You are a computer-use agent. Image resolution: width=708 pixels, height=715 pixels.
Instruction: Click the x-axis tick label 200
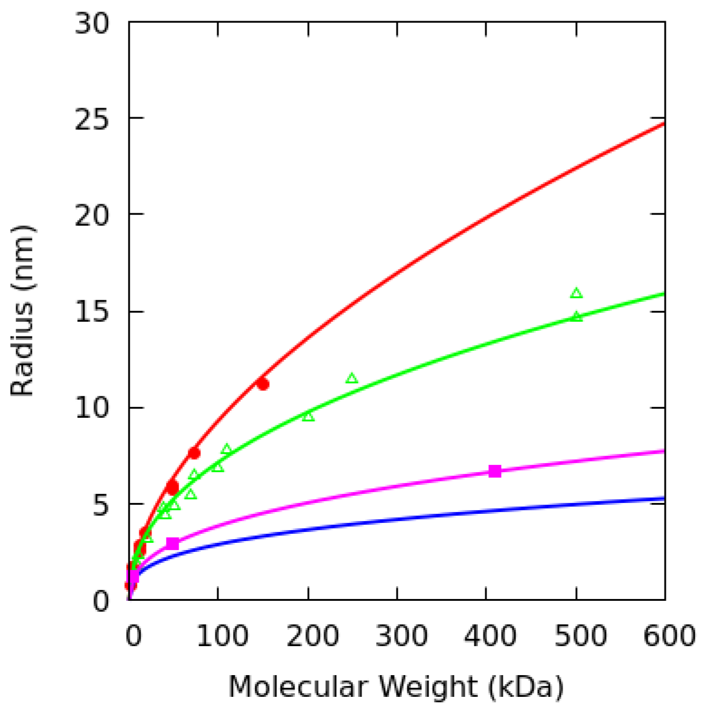tap(308, 636)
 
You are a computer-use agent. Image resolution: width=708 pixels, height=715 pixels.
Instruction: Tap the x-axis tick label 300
tap(397, 636)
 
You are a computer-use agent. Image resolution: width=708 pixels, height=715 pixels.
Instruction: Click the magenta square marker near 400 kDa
tap(495, 471)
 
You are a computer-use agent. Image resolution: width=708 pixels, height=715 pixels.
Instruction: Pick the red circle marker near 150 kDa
tap(263, 384)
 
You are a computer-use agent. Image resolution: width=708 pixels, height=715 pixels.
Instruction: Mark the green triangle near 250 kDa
tap(352, 379)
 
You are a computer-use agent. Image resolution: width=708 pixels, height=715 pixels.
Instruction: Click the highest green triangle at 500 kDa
tap(576, 293)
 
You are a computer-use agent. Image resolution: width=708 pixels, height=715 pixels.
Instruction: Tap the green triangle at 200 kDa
tap(308, 416)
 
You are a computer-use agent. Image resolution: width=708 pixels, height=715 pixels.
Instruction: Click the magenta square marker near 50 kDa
tap(173, 543)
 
